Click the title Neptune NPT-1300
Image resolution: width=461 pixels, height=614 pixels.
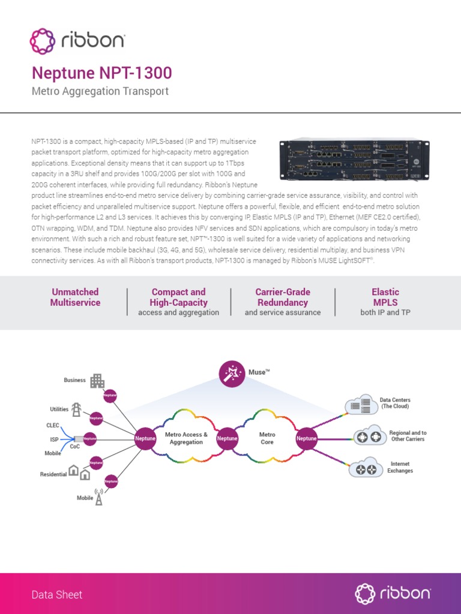101,73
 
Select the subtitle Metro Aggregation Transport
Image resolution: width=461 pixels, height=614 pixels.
100,92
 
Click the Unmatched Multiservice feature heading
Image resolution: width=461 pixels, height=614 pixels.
75,297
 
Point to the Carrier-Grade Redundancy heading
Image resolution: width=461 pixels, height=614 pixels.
282,297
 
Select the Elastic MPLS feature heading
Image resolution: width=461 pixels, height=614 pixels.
385,297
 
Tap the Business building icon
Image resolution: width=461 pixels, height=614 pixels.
97,381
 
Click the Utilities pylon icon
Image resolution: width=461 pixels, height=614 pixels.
76,410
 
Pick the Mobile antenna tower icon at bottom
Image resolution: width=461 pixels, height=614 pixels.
99,497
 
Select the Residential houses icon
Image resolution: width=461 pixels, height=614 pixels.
79,472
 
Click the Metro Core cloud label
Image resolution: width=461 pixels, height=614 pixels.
267,438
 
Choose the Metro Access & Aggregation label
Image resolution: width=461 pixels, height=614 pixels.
186,438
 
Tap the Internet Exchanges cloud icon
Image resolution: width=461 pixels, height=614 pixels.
366,468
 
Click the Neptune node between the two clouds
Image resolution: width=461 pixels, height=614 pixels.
227,438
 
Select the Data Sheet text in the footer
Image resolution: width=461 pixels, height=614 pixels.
57,595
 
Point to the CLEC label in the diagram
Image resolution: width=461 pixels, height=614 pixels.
53,425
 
